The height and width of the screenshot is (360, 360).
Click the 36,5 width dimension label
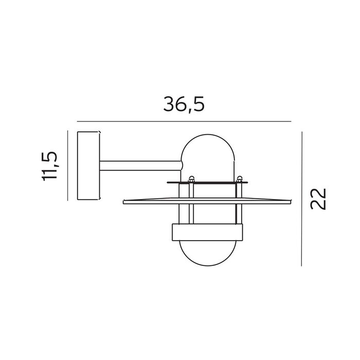coord(184,104)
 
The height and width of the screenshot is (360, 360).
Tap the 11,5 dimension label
coord(49,166)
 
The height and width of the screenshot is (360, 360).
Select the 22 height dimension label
coord(318,199)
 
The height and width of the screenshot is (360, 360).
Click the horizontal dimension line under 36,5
coord(184,121)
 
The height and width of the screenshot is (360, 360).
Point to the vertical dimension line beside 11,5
coord(68,166)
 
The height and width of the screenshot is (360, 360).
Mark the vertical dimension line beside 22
coord(302,199)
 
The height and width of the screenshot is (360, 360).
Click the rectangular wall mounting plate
coord(88,166)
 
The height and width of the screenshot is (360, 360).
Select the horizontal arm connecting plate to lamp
coord(141,166)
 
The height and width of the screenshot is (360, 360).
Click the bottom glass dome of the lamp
coord(208,266)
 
